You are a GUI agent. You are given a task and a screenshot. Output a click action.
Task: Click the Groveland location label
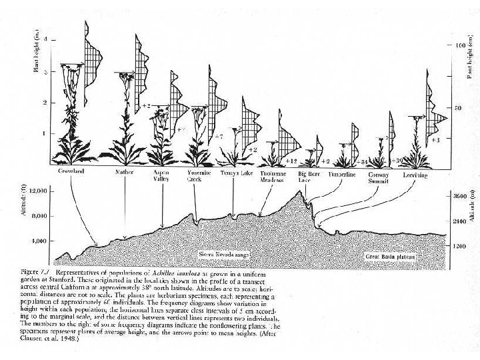tap(71, 171)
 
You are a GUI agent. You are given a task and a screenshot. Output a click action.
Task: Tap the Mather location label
tap(125, 171)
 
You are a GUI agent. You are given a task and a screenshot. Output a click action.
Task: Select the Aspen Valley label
tap(161, 175)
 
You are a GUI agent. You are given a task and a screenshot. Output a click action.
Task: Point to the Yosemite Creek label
tap(195, 175)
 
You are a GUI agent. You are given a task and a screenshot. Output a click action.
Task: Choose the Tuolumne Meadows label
tap(272, 175)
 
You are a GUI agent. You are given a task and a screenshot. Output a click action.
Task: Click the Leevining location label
tap(415, 171)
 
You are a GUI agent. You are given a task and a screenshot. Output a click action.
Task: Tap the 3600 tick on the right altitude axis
tap(460, 197)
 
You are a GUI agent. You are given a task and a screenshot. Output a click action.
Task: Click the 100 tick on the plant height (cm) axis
tap(460, 46)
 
